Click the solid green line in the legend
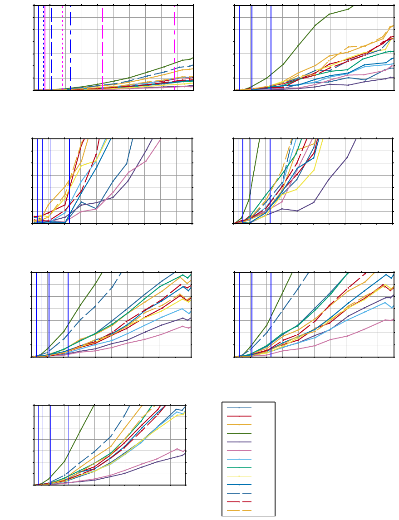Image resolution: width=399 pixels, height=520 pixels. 239,433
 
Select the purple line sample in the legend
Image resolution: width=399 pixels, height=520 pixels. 239,442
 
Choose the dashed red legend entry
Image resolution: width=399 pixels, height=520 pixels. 239,502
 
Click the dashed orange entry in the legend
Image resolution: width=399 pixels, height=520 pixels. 239,510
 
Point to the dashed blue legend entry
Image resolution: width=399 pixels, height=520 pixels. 239,493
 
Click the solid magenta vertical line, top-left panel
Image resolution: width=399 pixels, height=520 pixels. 45,45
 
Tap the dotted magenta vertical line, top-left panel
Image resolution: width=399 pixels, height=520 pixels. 63,45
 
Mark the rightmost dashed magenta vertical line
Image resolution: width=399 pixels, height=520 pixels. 175,45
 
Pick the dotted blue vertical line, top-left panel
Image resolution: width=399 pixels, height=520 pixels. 44,45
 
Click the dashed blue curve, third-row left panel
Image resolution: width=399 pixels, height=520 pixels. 96,306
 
